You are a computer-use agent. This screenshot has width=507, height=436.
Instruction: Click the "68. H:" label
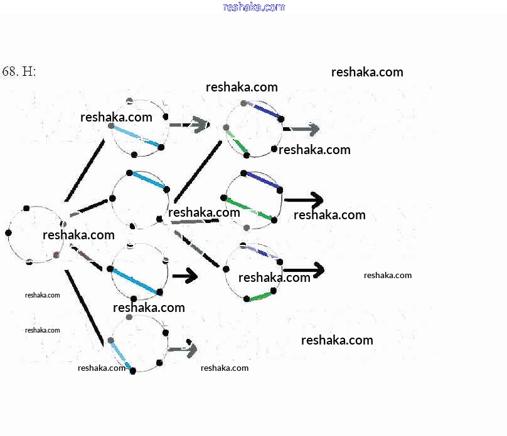coord(19,71)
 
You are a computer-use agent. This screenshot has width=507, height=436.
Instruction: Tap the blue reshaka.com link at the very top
coord(253,7)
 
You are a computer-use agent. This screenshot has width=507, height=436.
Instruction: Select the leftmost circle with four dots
coord(35,234)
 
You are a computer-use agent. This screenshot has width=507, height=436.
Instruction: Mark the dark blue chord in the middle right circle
coord(262,180)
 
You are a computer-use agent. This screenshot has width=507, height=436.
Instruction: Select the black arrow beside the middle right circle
coord(304,200)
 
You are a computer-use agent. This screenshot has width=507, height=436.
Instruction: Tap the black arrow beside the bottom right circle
coord(304,270)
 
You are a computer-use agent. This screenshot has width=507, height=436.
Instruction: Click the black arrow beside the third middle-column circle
coord(185,276)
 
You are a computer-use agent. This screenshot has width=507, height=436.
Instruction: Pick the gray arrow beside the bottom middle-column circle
coord(183,349)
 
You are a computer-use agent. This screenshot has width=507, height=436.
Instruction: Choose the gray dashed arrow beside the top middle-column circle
coord(189,125)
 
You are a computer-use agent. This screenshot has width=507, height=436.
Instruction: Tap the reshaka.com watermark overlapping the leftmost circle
coord(78,235)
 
